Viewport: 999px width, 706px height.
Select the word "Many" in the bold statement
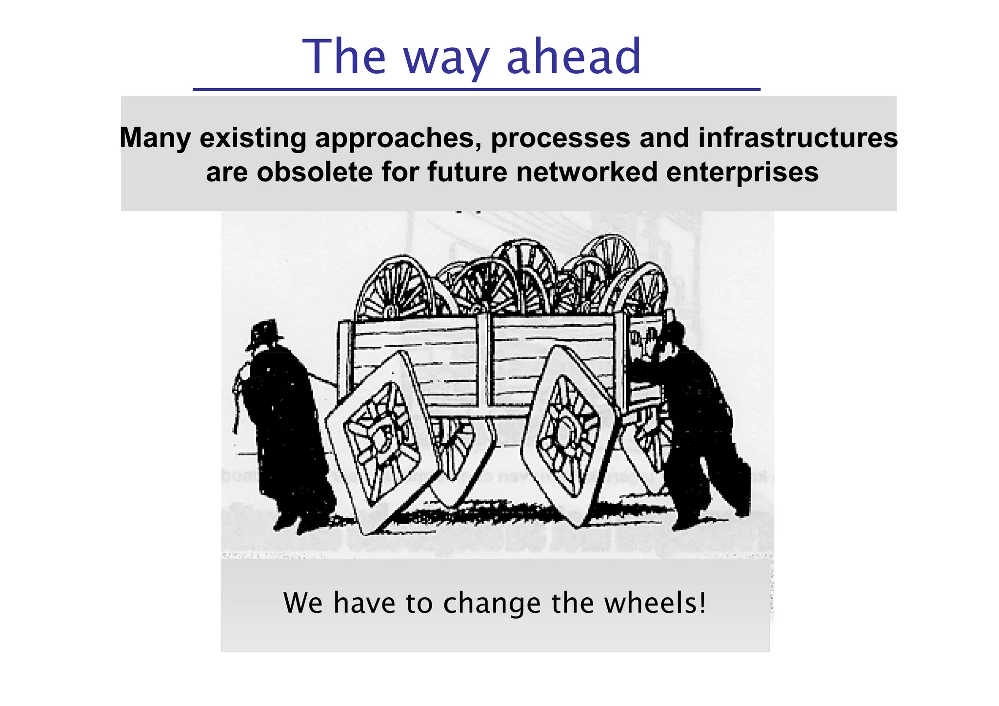pos(155,138)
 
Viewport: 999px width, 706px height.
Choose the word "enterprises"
pos(742,172)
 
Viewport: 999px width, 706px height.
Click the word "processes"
pos(560,138)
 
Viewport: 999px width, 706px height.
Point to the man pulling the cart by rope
pos(280,419)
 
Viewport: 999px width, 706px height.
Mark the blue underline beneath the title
pos(477,89)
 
